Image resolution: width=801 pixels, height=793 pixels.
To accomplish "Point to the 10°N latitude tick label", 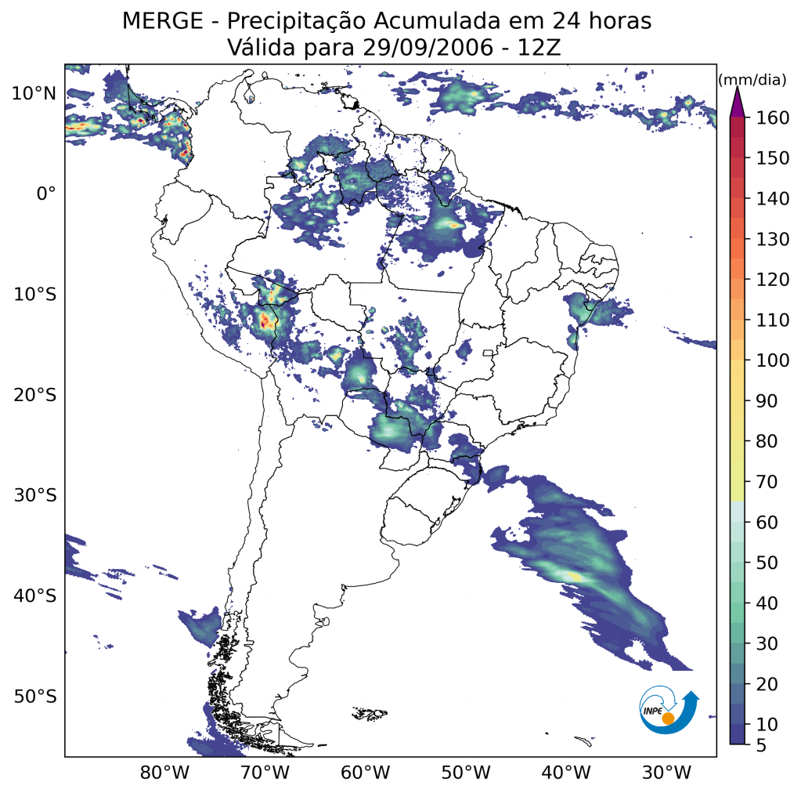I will [34, 93].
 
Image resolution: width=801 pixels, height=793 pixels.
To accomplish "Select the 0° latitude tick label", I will [45, 194].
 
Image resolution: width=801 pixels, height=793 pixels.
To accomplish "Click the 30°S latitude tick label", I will [34, 495].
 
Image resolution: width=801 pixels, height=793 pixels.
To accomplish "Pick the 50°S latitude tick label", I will [34, 697].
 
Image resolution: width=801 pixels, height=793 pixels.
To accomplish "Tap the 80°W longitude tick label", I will [164, 773].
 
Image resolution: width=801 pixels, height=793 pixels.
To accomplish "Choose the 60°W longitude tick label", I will [366, 773].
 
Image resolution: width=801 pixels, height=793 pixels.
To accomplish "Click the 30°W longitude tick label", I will [666, 773].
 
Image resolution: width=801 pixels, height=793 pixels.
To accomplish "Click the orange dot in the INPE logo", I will [668, 718].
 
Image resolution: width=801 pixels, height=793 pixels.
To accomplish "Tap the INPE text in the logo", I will [653, 710].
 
